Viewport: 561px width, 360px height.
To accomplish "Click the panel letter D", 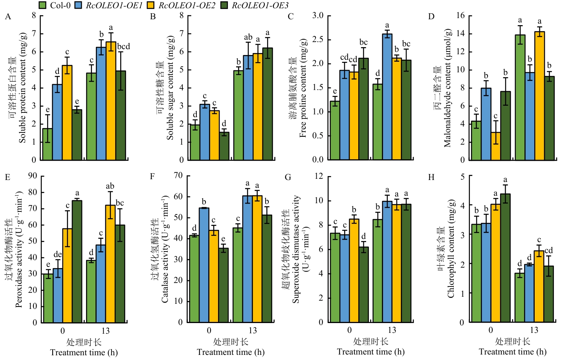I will click(431, 17).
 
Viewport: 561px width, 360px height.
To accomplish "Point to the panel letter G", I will click(288, 177).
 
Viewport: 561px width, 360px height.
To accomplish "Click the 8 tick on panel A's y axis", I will click(34, 15).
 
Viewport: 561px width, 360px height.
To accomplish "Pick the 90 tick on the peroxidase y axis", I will click(33, 176).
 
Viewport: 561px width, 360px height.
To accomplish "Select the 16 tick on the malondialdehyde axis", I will click(460, 15).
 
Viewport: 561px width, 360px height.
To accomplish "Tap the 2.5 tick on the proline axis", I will click(318, 39).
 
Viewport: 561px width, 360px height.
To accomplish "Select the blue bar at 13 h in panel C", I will click(387, 98).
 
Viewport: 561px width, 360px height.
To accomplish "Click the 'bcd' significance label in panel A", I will click(123, 46).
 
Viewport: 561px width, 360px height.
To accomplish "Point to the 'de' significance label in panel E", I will click(58, 255).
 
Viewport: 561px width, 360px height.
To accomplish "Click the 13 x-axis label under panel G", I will click(392, 330).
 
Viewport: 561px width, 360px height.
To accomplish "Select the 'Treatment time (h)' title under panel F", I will click(231, 352).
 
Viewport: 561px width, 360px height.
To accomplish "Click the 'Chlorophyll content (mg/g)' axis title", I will click(451, 248).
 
